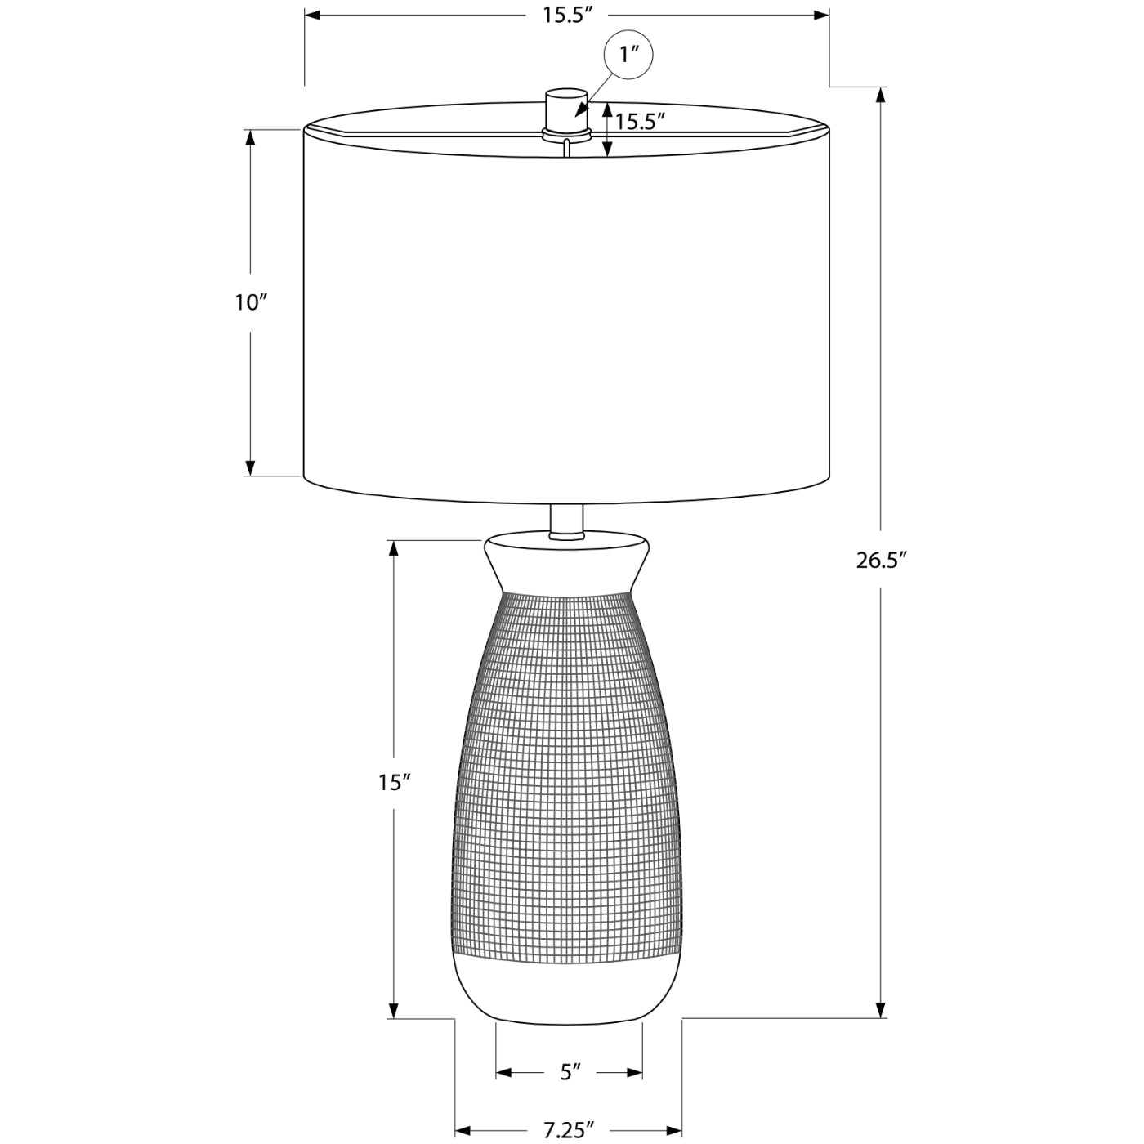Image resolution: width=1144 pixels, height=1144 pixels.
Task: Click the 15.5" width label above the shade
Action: [566, 16]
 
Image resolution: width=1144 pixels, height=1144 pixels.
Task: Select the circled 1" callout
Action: [628, 55]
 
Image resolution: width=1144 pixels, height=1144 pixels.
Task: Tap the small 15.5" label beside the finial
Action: [640, 123]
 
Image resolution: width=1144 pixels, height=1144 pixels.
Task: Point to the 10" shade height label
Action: [251, 302]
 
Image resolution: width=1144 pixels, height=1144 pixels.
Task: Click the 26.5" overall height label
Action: [882, 561]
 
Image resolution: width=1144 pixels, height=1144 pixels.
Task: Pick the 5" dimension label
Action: [570, 1072]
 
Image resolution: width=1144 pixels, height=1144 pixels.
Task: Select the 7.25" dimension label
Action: [569, 1130]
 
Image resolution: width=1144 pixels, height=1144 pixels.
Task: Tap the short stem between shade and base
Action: [566, 521]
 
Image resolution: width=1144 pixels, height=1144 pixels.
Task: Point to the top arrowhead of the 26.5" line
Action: [881, 94]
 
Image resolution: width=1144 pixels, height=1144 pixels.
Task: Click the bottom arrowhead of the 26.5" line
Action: [881, 1011]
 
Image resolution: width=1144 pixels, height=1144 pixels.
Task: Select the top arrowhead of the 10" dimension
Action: [251, 137]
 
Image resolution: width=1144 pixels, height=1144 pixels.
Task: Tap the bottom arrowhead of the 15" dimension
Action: [393, 1011]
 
